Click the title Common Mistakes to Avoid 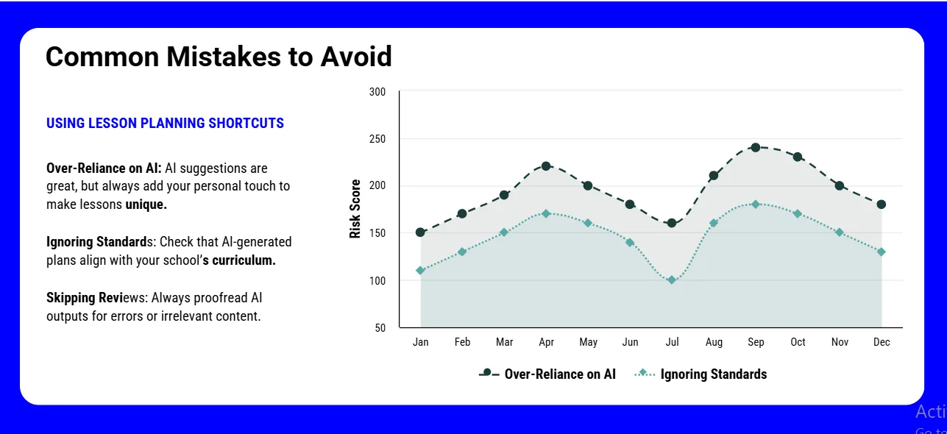click(219, 57)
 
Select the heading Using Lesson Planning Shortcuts click(165, 124)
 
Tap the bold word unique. click(146, 204)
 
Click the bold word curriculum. click(244, 260)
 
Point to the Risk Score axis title click(355, 209)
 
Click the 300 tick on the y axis click(377, 92)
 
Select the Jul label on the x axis click(671, 342)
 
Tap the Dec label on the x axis click(881, 342)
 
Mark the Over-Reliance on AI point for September click(755, 147)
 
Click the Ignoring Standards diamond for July click(671, 280)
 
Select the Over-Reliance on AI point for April click(546, 166)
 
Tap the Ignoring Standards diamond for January click(420, 271)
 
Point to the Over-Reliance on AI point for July click(671, 223)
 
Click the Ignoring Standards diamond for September click(755, 204)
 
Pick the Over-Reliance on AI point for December click(881, 204)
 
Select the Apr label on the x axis click(546, 342)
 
